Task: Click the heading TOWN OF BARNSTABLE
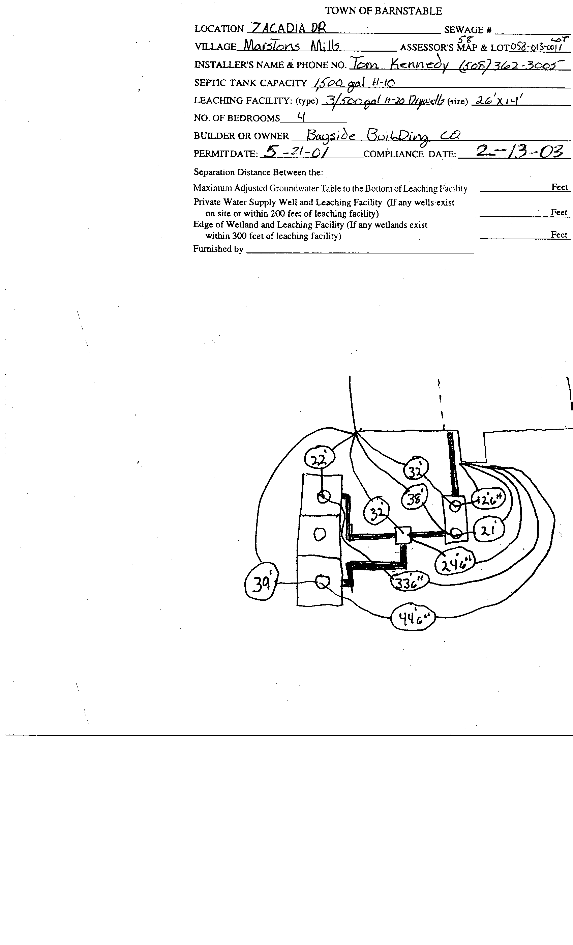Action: pos(383,11)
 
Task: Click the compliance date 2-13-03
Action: pos(519,151)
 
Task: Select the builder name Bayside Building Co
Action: pos(383,136)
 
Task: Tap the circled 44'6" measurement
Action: pos(413,618)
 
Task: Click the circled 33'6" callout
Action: pos(410,583)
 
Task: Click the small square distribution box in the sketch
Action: pos(402,535)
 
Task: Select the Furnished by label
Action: pos(218,249)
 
